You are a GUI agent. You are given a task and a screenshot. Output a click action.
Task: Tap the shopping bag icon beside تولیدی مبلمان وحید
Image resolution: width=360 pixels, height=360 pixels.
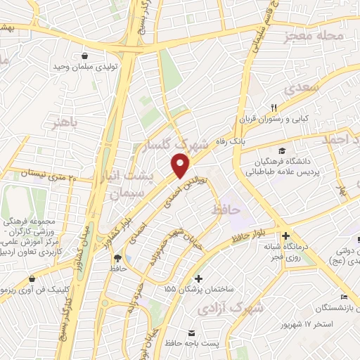[x=85, y=56]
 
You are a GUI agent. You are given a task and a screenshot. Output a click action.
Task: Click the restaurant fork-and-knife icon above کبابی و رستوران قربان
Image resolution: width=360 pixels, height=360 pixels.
[x=275, y=108]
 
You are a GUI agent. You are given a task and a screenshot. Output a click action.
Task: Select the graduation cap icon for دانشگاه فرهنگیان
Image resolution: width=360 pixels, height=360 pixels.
[x=282, y=150]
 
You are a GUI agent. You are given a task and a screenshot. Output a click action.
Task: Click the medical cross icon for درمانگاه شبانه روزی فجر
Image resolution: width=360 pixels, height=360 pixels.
[x=285, y=236]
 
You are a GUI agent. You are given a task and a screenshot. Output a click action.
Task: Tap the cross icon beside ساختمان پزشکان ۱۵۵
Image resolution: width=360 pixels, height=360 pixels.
[x=199, y=278]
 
